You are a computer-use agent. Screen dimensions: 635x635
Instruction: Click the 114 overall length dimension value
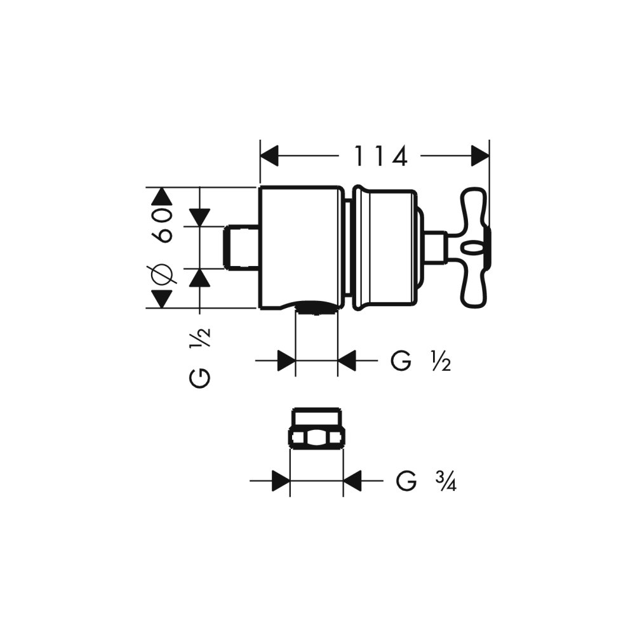tap(380, 156)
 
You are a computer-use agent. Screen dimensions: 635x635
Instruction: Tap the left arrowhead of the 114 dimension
tap(270, 156)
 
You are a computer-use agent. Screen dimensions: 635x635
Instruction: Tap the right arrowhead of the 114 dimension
tap(480, 156)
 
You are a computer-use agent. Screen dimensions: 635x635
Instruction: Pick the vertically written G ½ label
tap(200, 359)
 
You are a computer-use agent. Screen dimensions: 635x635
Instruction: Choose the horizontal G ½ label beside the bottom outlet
tap(421, 362)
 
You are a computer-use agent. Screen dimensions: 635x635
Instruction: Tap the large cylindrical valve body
tap(300, 248)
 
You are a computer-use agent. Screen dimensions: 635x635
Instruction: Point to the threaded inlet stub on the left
tap(242, 247)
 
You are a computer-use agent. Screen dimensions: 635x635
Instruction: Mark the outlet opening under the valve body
tap(316, 311)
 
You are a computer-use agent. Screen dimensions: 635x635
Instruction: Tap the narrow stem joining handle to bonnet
tap(434, 247)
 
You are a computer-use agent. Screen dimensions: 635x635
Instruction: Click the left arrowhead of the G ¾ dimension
tap(281, 481)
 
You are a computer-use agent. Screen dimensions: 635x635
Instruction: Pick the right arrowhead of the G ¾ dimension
tap(352, 481)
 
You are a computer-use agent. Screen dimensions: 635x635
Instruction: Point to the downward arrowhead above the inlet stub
tap(200, 218)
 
